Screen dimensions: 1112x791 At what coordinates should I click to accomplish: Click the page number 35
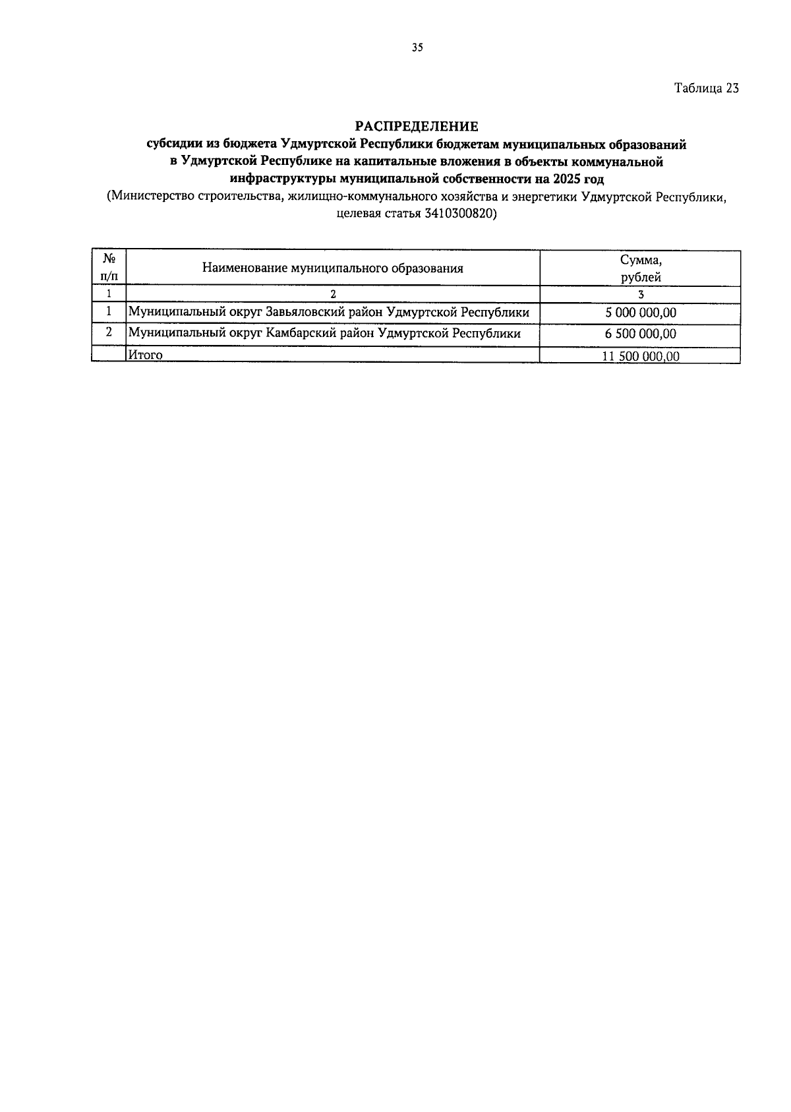(417, 47)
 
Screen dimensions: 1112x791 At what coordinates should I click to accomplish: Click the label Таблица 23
(706, 88)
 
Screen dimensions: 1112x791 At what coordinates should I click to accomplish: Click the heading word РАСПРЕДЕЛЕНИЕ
(417, 125)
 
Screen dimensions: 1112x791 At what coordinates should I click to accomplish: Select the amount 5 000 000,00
(640, 313)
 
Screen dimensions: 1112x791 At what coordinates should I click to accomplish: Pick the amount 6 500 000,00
(640, 334)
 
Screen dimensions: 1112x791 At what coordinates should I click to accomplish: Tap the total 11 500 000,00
(640, 356)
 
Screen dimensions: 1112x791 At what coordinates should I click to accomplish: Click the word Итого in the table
(146, 355)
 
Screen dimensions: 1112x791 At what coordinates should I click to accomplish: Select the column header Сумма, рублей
(640, 268)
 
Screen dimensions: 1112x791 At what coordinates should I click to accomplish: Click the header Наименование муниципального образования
(332, 268)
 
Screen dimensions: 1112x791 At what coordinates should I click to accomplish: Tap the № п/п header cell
(108, 268)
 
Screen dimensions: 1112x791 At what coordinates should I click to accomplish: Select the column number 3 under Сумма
(640, 295)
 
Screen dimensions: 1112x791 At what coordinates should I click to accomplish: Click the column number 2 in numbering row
(332, 295)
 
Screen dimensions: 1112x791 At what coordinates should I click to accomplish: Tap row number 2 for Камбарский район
(108, 333)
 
